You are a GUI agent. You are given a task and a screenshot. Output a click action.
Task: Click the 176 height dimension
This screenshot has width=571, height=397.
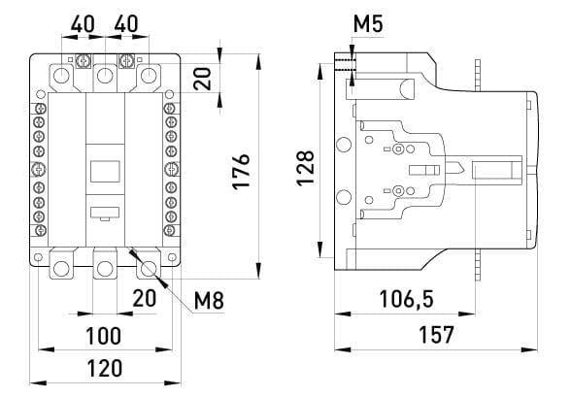[x=243, y=169]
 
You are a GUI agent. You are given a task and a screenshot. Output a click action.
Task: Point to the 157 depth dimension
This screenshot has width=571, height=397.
[x=435, y=335]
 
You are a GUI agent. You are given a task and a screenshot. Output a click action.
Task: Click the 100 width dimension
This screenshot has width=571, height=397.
[x=103, y=336]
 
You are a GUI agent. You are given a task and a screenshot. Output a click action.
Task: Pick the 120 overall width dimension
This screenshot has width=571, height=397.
[x=103, y=369]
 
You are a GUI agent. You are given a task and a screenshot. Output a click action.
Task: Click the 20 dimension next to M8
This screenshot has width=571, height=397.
[x=144, y=300]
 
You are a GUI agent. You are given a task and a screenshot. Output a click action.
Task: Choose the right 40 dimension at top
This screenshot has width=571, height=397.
[x=124, y=21]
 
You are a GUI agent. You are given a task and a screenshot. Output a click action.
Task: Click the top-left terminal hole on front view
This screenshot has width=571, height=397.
[x=61, y=76]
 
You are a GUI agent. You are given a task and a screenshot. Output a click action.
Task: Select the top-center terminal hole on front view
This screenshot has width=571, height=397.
[x=104, y=76]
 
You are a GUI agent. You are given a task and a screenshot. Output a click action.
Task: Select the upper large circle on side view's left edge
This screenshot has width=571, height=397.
[x=343, y=145]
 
